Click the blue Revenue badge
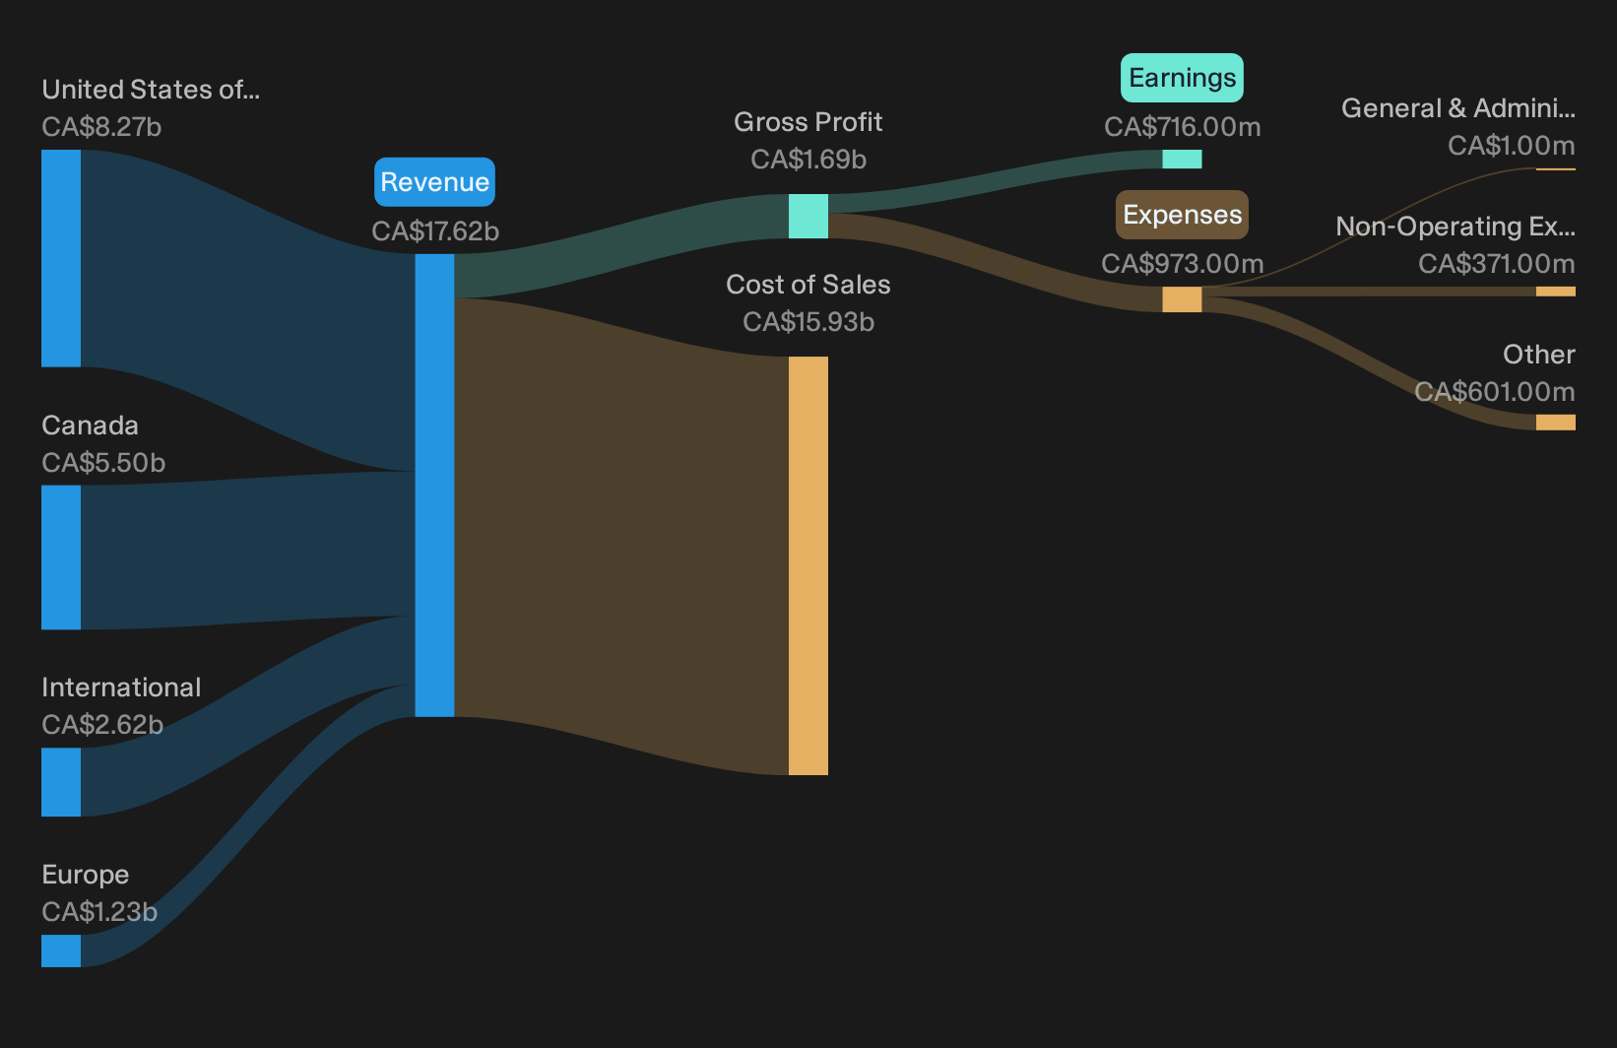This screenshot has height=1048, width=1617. coord(434,182)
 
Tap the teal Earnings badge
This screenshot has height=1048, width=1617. coord(1182,78)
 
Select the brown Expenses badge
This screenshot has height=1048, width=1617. coord(1182,215)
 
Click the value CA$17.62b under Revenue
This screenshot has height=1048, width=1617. coord(434,231)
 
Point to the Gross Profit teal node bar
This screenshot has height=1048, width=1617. coord(808,216)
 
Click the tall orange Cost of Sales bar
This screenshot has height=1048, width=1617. coord(808,565)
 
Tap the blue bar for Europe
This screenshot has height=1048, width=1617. coord(61,950)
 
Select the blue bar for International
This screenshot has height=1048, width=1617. coord(61,782)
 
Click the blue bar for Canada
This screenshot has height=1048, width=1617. coord(61,557)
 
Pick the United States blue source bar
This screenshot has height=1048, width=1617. coord(61,258)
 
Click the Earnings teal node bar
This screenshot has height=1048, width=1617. coord(1182,159)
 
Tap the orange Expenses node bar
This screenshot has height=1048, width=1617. coord(1182,299)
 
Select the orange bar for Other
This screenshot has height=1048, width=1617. coord(1556,423)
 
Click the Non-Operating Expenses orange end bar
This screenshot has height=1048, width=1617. coord(1556,292)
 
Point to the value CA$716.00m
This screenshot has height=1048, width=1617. coord(1182,127)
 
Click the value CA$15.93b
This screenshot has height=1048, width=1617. coord(808,322)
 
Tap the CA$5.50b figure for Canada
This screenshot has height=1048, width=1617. coord(103,463)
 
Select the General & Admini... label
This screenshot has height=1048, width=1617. coord(1458,108)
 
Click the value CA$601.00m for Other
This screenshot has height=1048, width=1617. coord(1494,391)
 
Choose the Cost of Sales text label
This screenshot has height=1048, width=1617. coord(808,285)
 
